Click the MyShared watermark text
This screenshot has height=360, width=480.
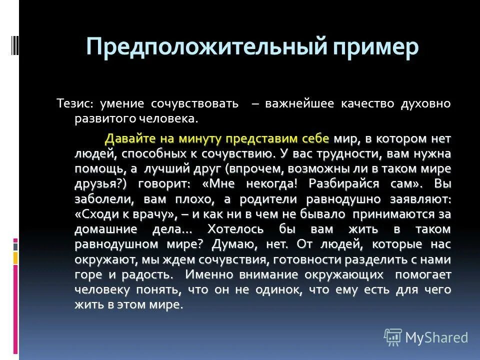pos(436,337)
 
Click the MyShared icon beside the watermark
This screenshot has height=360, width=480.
pos(393,337)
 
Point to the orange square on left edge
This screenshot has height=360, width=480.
pos(15,258)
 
